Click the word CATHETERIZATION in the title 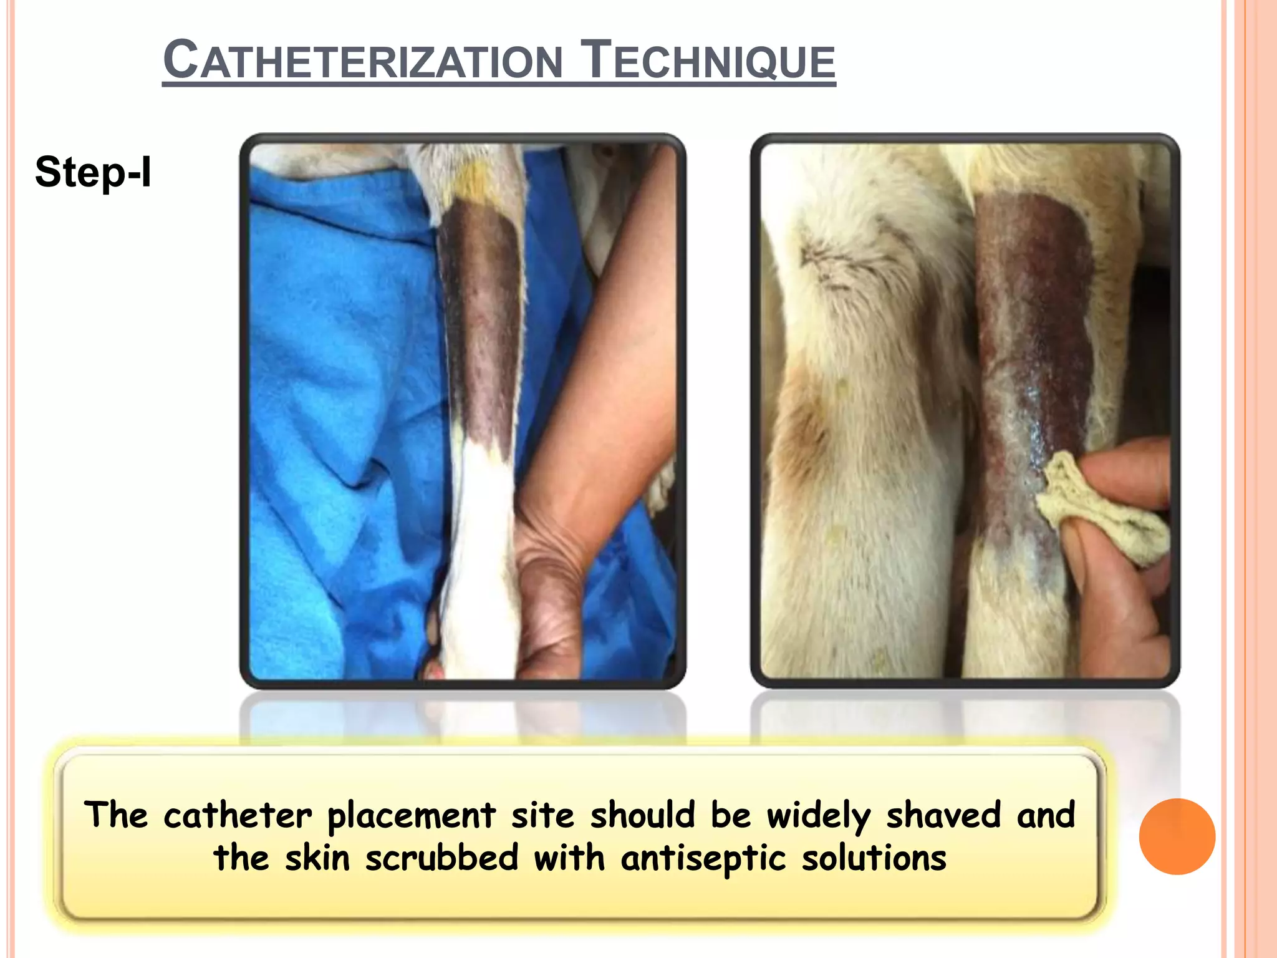tap(362, 60)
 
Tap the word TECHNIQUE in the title tap(707, 60)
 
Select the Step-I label tap(93, 172)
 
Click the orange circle tap(1177, 836)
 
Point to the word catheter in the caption tap(238, 815)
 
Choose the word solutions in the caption tap(874, 858)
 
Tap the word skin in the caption tap(317, 858)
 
